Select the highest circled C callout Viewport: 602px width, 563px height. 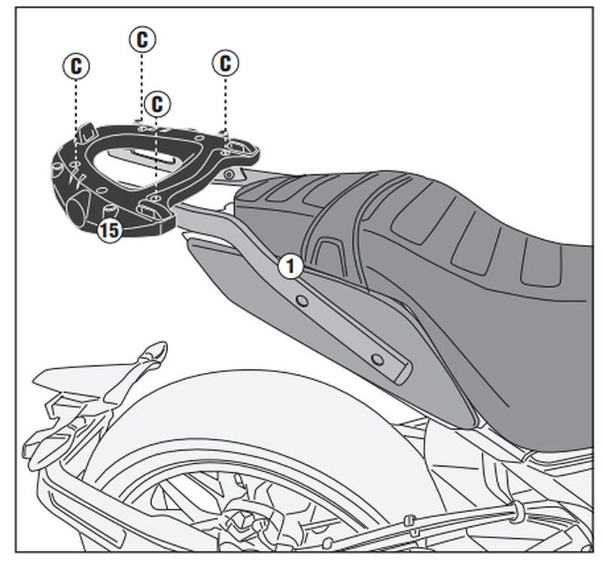tap(141, 40)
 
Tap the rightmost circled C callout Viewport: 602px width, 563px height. tap(225, 63)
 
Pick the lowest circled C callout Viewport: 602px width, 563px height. tap(157, 104)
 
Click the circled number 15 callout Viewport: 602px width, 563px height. tap(109, 230)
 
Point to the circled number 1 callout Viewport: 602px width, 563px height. tap(290, 266)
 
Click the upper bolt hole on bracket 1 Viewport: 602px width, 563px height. tap(301, 301)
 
